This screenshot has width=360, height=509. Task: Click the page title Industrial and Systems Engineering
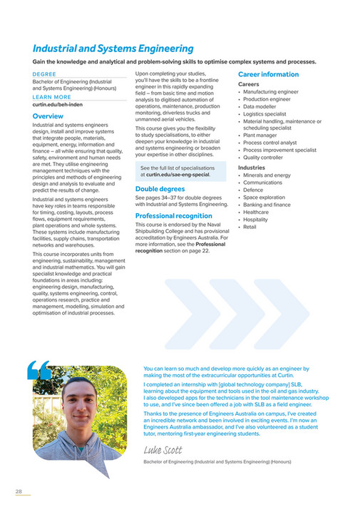click(x=113, y=49)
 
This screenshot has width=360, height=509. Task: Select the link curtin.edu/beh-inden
click(x=59, y=104)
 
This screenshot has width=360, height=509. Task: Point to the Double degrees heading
click(x=160, y=189)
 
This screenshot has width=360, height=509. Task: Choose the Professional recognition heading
click(x=173, y=215)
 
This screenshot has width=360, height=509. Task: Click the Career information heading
click(x=268, y=74)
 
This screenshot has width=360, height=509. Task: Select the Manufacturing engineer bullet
click(x=272, y=92)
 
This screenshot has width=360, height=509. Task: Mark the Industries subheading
click(x=251, y=167)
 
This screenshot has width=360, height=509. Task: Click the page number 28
click(x=19, y=492)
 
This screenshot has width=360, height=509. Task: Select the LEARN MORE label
click(x=51, y=97)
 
